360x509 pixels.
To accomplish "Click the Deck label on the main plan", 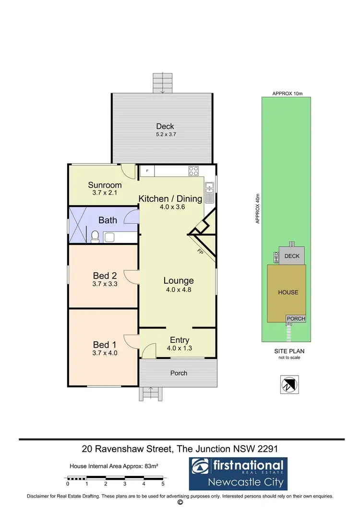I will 165,126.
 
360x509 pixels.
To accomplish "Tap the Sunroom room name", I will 105,185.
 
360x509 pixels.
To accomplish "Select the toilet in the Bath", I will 96,236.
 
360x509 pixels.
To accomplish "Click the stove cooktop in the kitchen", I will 194,170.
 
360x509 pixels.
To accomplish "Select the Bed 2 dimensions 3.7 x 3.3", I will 105,284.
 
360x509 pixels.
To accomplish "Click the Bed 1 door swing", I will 131,340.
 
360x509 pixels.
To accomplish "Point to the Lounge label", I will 179,281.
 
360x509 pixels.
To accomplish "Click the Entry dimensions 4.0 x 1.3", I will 180,348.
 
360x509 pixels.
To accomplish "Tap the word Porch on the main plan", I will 179,373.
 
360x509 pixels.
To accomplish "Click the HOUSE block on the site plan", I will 288,292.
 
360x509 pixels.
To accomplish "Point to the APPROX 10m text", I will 288,93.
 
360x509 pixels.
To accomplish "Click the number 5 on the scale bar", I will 163,484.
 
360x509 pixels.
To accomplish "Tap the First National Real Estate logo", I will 237,473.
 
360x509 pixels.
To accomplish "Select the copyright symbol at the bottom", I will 180,503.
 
